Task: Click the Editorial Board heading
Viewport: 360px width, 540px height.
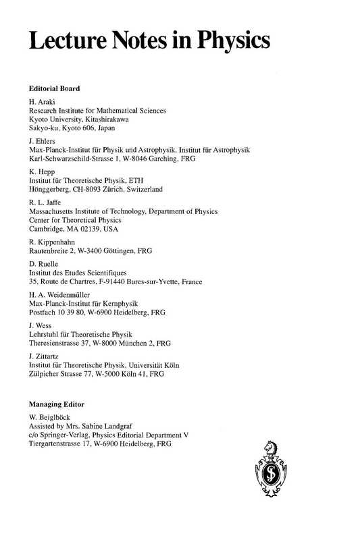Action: tap(54, 88)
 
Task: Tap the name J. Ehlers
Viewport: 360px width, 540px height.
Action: tap(43, 140)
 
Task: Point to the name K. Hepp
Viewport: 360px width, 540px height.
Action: tap(41, 172)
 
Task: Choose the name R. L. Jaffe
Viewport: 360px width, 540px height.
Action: tap(46, 202)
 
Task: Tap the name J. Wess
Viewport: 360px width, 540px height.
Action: tap(41, 325)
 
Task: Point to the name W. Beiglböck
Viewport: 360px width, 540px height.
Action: tap(51, 418)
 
